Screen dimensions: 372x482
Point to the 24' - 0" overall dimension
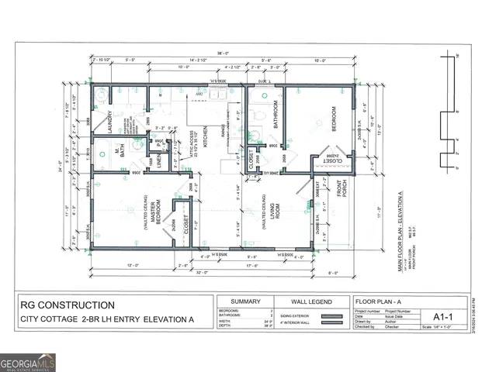(58, 165)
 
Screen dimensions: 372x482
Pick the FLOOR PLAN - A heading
(377, 301)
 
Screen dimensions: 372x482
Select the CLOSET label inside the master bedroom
(186, 222)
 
